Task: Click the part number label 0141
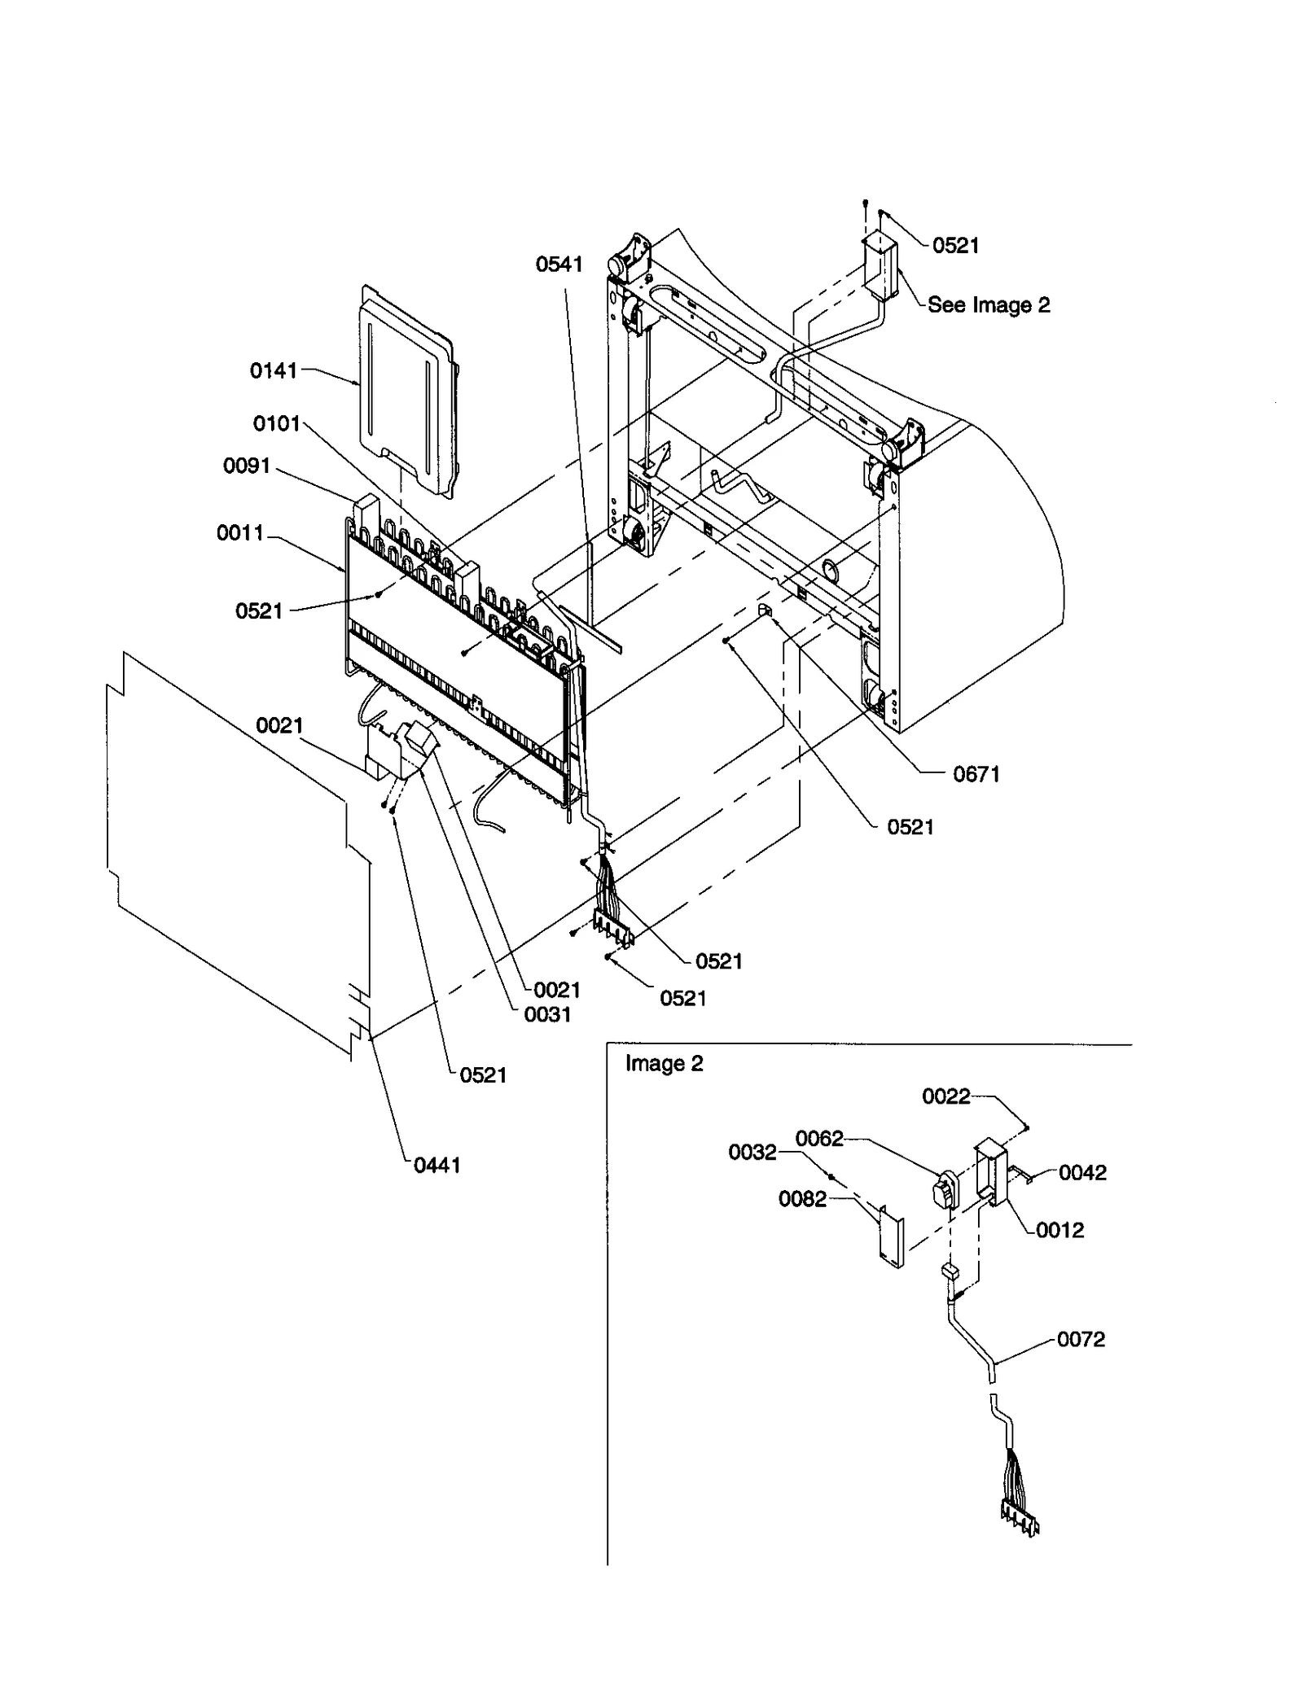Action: (x=273, y=371)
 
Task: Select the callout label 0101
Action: (x=276, y=424)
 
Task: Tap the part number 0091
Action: (x=246, y=466)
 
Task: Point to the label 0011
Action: (x=239, y=533)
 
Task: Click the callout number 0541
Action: (x=559, y=265)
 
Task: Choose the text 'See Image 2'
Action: (x=988, y=305)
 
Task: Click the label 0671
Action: (x=976, y=775)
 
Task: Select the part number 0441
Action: (x=437, y=1166)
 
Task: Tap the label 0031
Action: (x=547, y=1015)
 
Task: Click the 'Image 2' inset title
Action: (x=664, y=1064)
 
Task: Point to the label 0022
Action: (x=945, y=1097)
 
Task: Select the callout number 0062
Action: (x=818, y=1139)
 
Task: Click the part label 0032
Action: (x=752, y=1153)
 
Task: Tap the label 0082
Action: (x=802, y=1199)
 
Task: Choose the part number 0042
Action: (x=1082, y=1173)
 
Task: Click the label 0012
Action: (x=1060, y=1230)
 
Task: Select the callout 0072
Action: (x=1081, y=1340)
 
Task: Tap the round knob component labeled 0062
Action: (x=943, y=1193)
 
